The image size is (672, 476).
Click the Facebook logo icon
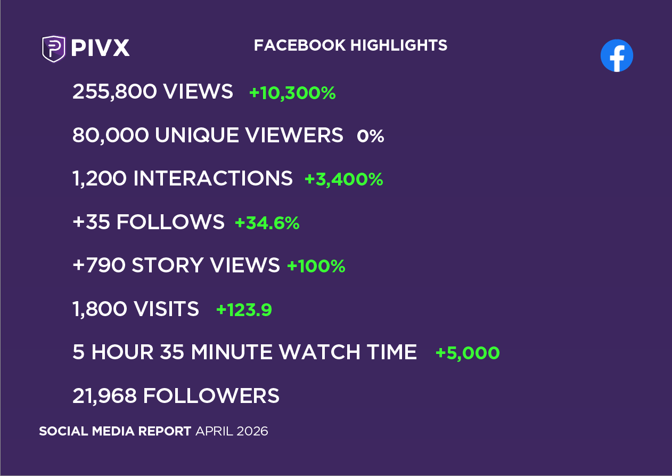click(x=617, y=55)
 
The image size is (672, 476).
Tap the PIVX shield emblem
click(x=53, y=49)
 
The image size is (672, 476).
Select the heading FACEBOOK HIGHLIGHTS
click(x=350, y=45)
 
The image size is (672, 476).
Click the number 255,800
click(x=114, y=92)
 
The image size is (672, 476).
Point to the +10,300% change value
click(x=292, y=93)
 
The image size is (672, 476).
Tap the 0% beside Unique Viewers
click(x=371, y=136)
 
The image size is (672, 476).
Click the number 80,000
click(x=110, y=135)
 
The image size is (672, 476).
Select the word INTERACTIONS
click(x=212, y=179)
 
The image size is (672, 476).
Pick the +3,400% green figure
click(x=343, y=179)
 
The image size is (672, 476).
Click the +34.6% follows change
click(x=267, y=223)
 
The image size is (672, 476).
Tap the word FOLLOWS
click(x=170, y=222)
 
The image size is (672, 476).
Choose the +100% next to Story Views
click(x=316, y=266)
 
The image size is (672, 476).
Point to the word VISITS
click(x=166, y=309)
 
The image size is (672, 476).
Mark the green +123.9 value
click(x=244, y=310)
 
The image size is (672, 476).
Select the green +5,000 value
click(x=468, y=353)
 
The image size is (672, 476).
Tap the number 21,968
click(x=105, y=396)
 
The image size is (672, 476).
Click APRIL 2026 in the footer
click(x=232, y=431)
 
